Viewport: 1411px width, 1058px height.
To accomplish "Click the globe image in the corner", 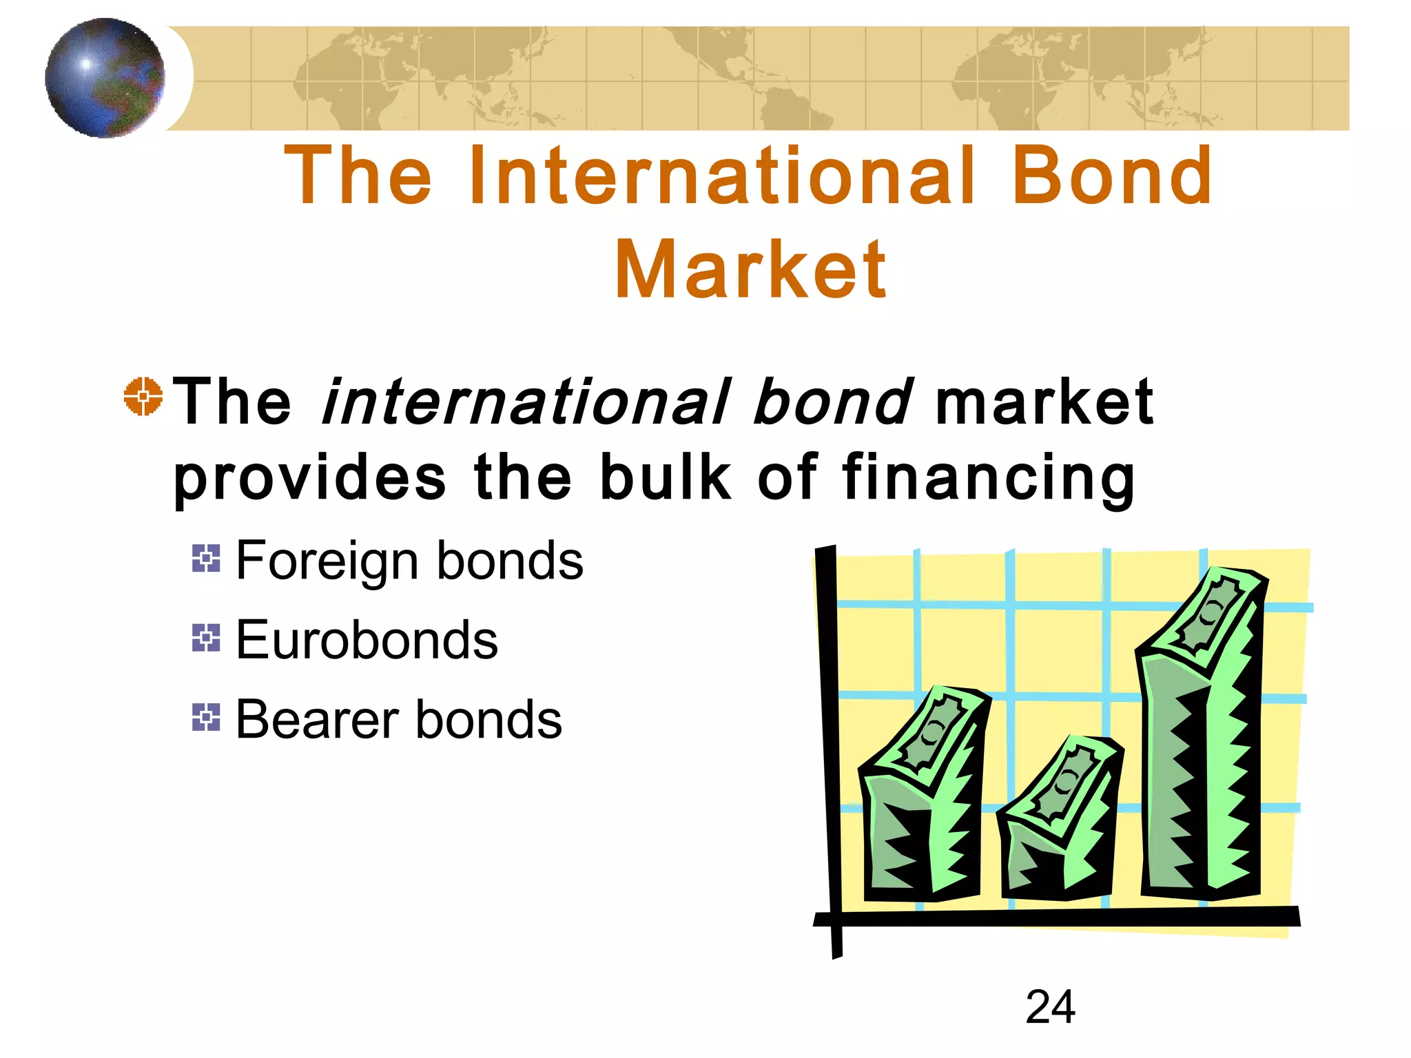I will pyautogui.click(x=105, y=78).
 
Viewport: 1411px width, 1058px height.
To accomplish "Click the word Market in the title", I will pyautogui.click(x=750, y=270).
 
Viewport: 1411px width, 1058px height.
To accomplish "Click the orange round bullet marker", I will pyautogui.click(x=143, y=396).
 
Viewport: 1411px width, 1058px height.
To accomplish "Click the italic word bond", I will pyautogui.click(x=832, y=402).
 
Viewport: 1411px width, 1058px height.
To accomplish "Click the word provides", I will pyautogui.click(x=309, y=479).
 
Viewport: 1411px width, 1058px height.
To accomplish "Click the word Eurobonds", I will pyautogui.click(x=367, y=640).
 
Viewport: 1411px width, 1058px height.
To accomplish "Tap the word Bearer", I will pyautogui.click(x=317, y=720).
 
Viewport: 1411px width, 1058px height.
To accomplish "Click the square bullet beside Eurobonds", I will pyautogui.click(x=206, y=638).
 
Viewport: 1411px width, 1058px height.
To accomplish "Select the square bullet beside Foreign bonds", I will pyautogui.click(x=206, y=558).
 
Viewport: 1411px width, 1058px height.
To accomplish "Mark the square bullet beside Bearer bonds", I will pyautogui.click(x=206, y=717).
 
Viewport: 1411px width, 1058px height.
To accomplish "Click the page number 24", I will pyautogui.click(x=1050, y=1007).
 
